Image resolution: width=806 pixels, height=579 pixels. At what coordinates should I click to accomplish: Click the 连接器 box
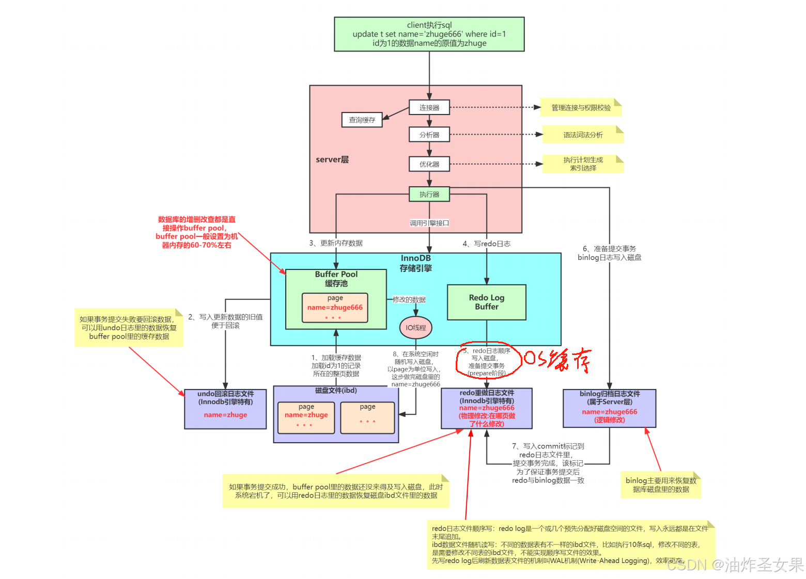tap(429, 107)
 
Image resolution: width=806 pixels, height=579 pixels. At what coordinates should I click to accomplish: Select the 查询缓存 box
tap(362, 120)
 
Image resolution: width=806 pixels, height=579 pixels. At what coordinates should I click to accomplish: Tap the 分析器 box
tap(429, 135)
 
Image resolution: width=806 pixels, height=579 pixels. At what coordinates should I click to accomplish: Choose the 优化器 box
tap(429, 164)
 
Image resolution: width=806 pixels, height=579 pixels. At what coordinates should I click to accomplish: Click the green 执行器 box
tap(429, 194)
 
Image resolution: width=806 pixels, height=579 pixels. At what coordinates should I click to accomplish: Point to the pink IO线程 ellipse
tap(415, 328)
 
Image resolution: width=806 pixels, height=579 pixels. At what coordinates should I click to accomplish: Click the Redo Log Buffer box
tap(486, 302)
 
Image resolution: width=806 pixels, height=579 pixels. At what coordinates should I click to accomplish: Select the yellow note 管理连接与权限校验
tap(581, 108)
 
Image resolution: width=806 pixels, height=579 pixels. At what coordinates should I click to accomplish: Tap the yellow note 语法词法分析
tap(583, 135)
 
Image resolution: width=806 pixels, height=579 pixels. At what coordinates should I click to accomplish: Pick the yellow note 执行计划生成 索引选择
tap(583, 164)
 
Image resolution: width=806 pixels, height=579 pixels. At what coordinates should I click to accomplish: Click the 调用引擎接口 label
tap(429, 223)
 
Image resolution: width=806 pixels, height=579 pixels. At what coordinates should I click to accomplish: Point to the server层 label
tap(332, 159)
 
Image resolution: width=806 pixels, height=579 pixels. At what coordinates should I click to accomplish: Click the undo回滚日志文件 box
tap(225, 409)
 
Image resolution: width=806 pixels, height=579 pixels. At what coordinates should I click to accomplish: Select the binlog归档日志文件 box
tap(609, 408)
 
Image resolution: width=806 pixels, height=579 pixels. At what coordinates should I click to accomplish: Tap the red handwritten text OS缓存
tap(557, 359)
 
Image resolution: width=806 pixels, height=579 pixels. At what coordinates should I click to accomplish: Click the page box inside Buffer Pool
tap(335, 308)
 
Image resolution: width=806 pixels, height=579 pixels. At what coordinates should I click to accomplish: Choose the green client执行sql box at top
tap(429, 34)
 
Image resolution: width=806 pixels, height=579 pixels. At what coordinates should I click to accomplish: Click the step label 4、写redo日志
tap(486, 244)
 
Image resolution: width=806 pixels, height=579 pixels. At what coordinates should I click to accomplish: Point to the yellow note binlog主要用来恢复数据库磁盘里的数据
tap(660, 485)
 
